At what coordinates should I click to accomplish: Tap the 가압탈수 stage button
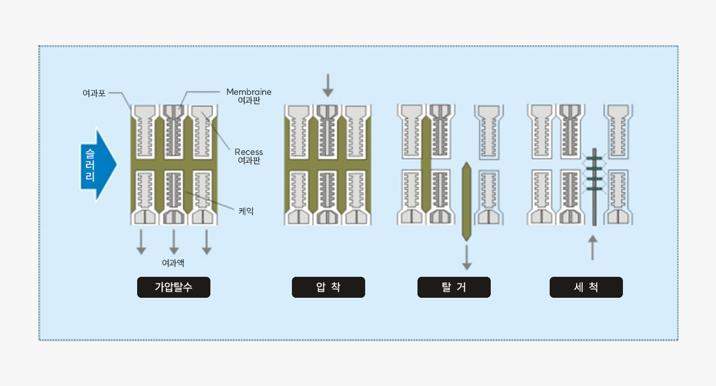173,287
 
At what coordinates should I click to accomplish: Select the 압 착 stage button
328,287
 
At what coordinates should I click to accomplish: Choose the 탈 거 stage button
454,287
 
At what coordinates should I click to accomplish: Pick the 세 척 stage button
586,287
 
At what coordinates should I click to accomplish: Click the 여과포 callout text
94,94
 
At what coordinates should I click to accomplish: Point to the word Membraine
249,92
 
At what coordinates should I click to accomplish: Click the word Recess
249,152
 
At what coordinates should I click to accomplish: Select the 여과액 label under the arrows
173,263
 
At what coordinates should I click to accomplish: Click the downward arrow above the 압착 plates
328,85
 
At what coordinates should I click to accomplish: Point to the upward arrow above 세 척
593,248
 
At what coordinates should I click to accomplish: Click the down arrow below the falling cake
467,258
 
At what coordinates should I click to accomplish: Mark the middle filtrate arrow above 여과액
174,242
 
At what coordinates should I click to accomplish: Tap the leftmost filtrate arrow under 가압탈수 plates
142,242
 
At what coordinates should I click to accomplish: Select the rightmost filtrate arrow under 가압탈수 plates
207,242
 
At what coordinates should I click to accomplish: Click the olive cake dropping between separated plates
467,201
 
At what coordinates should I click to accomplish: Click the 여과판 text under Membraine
249,101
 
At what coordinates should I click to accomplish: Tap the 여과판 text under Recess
249,160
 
